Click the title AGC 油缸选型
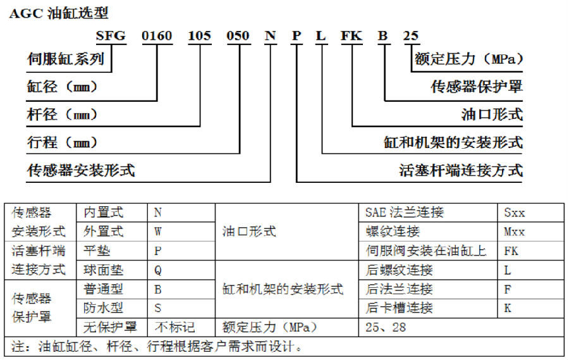coord(59,13)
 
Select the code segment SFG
coord(111,35)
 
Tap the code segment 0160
coord(157,35)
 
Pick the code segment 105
coord(199,35)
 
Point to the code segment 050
coord(238,35)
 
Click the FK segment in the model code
coord(352,35)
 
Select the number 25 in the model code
coord(411,35)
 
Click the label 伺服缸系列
coord(66,59)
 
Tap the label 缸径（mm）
coord(62,87)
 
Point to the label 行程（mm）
coord(62,142)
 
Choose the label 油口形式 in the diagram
coord(492,115)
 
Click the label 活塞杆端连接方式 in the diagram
coord(461,170)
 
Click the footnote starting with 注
coord(157,346)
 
